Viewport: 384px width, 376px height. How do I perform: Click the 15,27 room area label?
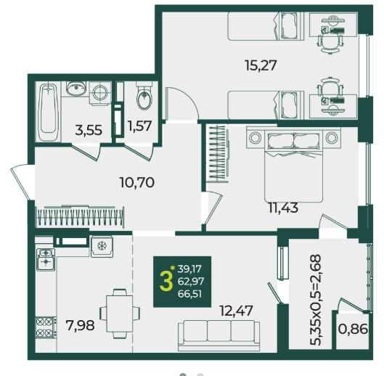[x=261, y=65]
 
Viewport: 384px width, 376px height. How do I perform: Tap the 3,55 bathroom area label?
[x=89, y=130]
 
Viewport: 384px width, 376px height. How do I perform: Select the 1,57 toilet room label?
[x=139, y=126]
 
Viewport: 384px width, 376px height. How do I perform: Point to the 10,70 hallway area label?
[x=137, y=182]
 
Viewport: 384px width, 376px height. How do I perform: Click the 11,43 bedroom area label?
[x=283, y=208]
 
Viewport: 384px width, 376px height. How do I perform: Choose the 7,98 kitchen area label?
[x=80, y=325]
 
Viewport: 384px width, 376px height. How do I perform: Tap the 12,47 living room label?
[x=237, y=311]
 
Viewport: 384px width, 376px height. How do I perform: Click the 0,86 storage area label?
[x=353, y=329]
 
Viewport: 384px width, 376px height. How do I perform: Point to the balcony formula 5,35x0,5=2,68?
[x=315, y=300]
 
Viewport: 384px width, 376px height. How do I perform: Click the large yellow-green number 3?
[x=166, y=282]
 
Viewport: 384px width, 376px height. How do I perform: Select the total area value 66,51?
[x=189, y=294]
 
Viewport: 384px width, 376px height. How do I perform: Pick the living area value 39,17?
[x=189, y=269]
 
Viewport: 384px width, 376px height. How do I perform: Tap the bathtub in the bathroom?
[x=48, y=112]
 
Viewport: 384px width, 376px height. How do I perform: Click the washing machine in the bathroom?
[x=100, y=94]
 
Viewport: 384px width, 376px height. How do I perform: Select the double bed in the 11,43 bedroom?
[x=293, y=165]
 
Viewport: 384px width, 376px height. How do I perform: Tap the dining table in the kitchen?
[x=120, y=314]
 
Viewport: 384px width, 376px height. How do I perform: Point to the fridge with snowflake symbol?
[x=102, y=246]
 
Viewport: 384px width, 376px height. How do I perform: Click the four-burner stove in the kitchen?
[x=45, y=327]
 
